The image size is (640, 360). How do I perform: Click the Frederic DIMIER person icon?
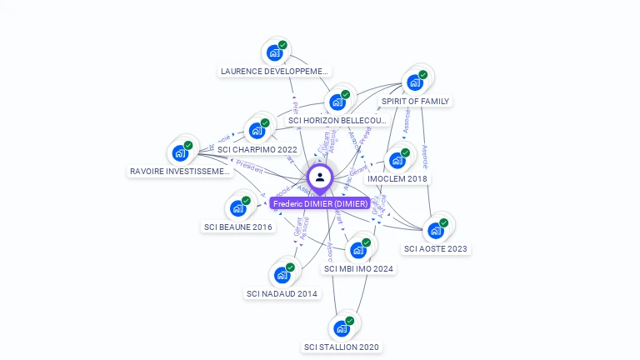[320, 177]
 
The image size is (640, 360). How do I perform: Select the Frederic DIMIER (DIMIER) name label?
[319, 203]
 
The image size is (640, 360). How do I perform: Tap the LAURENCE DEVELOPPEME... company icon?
[274, 52]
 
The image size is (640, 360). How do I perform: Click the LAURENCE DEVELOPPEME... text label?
[275, 72]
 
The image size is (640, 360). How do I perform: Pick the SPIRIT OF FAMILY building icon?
[413, 82]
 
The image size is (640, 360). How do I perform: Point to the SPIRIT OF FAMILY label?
[415, 102]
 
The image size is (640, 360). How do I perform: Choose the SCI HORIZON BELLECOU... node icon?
[337, 102]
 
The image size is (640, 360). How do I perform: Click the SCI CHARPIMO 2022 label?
[257, 150]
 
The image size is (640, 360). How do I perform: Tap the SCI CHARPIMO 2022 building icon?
[257, 131]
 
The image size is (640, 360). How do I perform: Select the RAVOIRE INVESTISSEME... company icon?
[180, 152]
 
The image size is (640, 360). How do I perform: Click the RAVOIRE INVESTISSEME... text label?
[180, 172]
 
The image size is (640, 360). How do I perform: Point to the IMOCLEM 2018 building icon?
[397, 160]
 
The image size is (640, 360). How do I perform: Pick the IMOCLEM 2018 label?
[397, 179]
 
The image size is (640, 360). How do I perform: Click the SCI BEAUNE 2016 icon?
[237, 207]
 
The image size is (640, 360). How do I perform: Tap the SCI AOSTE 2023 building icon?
[435, 230]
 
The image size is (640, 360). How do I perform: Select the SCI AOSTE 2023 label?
[436, 249]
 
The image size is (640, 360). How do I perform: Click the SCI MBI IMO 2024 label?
[359, 269]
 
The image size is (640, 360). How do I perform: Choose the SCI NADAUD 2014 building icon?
[282, 275]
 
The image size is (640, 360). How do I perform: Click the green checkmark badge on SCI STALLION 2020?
[350, 321]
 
